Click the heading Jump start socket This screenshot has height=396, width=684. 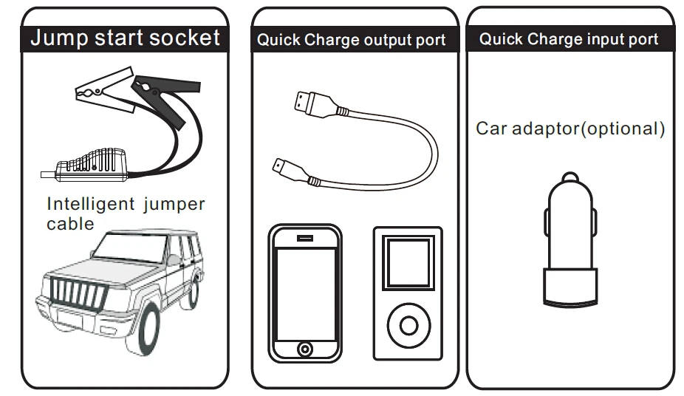[125, 38]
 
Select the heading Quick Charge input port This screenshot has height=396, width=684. [568, 39]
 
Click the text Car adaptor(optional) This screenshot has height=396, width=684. [570, 129]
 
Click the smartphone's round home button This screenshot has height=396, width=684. [304, 348]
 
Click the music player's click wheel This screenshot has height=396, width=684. [407, 323]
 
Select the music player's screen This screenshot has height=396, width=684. [407, 263]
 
